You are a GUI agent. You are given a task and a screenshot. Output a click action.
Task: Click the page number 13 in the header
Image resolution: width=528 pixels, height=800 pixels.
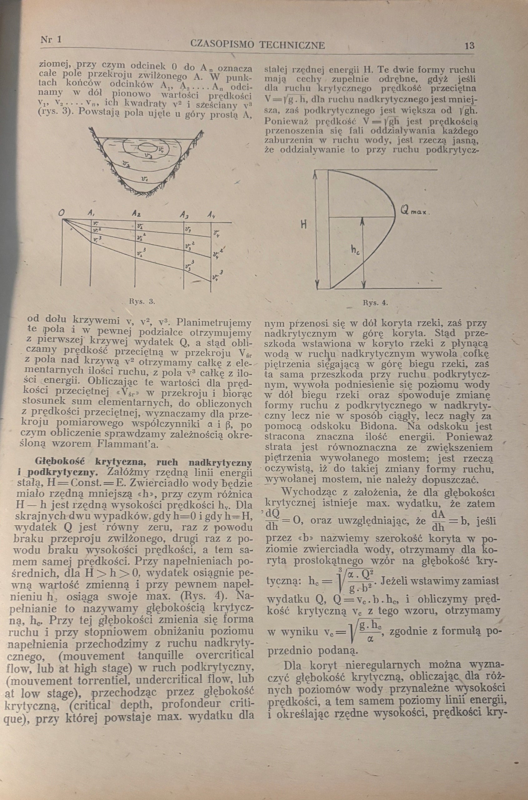[469, 46]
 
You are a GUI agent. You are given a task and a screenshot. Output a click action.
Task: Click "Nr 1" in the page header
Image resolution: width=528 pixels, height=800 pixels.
[51, 39]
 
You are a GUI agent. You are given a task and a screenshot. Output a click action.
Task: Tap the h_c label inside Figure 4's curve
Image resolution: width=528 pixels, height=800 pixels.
[356, 250]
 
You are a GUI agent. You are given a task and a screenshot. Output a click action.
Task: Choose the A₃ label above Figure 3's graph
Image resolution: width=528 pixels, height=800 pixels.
[185, 215]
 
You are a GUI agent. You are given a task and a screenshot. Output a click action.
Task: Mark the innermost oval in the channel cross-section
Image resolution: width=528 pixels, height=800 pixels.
[147, 147]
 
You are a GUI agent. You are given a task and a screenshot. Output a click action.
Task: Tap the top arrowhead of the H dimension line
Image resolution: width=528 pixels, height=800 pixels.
[316, 173]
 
